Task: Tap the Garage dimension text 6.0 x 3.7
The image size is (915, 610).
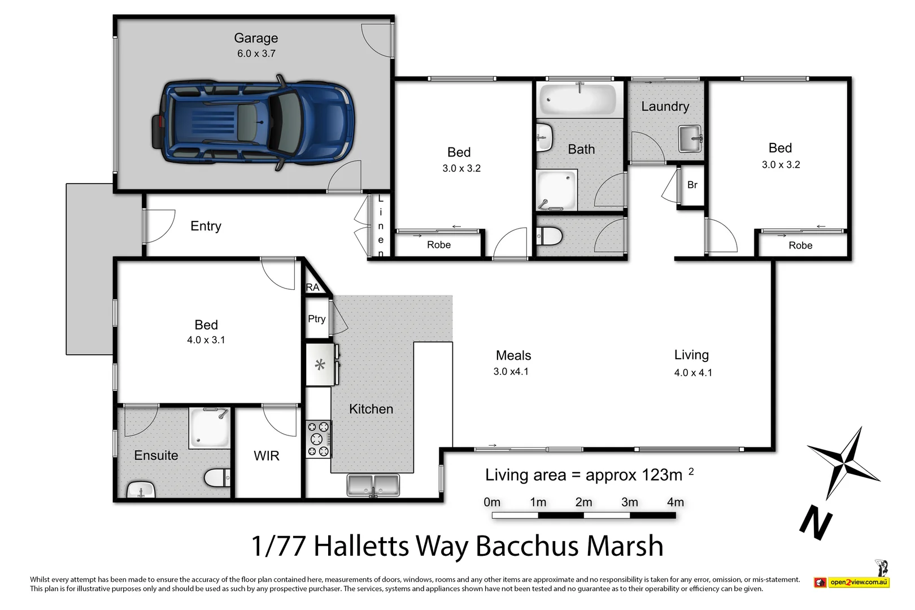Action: (256, 54)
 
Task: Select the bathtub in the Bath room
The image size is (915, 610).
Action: (577, 99)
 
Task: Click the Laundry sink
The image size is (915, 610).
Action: (690, 138)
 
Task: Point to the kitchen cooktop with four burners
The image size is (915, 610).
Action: (318, 439)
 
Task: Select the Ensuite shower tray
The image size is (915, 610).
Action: (210, 428)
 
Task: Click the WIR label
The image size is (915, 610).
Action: (266, 456)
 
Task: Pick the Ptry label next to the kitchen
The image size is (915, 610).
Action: (316, 319)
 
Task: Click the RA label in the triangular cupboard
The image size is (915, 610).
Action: (312, 287)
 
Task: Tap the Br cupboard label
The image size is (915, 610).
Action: (692, 185)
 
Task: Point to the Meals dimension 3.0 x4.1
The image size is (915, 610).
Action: (511, 372)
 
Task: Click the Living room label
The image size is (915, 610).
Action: (691, 355)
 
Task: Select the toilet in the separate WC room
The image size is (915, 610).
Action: (548, 236)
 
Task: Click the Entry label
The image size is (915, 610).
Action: (206, 226)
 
